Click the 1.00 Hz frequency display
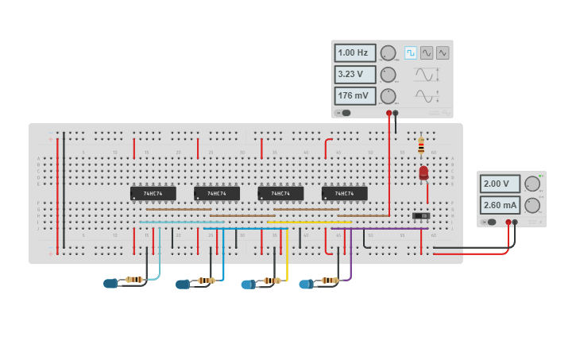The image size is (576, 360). (x=354, y=53)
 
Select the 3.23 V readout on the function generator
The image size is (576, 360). (x=354, y=75)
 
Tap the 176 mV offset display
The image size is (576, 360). (x=354, y=96)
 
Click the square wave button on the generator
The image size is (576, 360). (x=411, y=52)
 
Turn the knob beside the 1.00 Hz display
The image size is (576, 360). (x=388, y=53)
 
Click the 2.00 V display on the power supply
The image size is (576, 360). (x=500, y=184)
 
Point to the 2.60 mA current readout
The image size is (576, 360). (x=500, y=205)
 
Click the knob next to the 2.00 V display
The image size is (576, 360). (x=532, y=184)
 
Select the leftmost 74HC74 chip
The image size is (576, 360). (x=153, y=193)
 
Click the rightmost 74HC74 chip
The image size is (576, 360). (x=344, y=193)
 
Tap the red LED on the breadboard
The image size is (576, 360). (x=423, y=172)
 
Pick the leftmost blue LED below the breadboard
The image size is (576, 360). (x=110, y=283)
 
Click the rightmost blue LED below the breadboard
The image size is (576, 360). (x=306, y=284)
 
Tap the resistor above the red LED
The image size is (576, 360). (x=420, y=146)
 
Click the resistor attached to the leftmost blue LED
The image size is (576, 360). (x=134, y=280)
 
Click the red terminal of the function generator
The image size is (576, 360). (x=389, y=114)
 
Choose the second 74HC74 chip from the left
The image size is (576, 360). (x=216, y=193)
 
